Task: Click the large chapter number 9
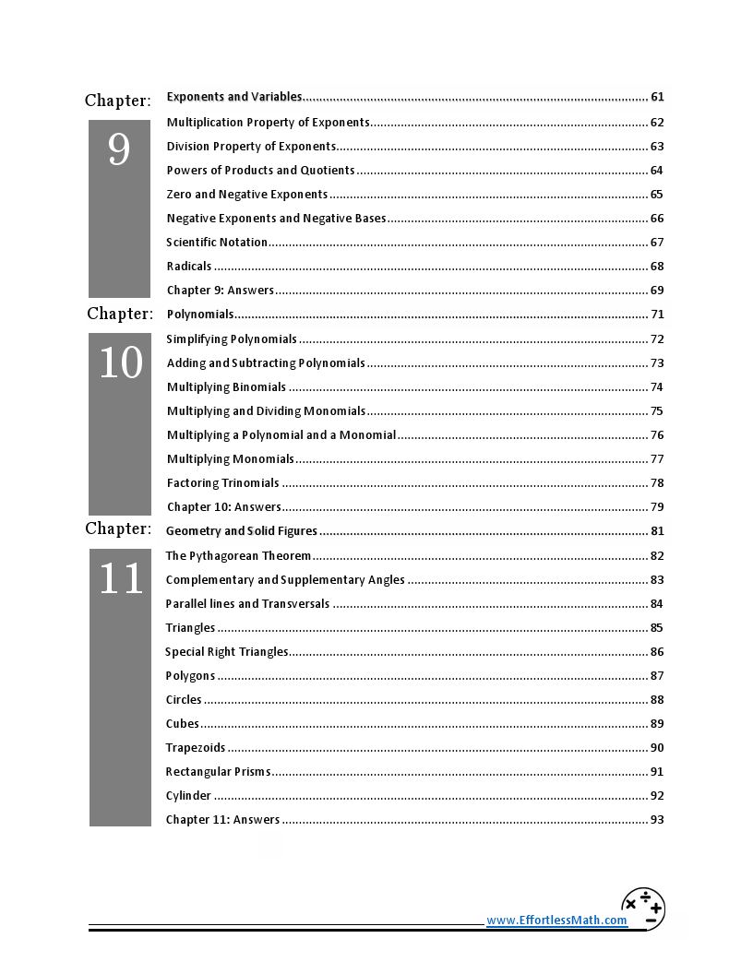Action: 119,149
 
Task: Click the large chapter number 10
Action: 120,363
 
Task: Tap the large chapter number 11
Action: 120,578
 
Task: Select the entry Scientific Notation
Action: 217,243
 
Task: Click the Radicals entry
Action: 189,267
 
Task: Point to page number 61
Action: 657,97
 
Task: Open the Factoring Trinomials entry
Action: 222,483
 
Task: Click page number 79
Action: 657,507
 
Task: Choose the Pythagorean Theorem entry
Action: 238,556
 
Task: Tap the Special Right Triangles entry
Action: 226,652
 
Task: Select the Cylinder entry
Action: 188,796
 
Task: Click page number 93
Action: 657,820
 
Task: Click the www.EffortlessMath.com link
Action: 556,921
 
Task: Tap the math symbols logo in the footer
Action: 643,909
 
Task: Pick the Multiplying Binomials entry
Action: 226,387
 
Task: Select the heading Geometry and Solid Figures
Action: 241,531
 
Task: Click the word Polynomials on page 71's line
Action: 200,315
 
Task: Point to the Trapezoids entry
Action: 196,748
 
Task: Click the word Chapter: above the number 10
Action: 120,315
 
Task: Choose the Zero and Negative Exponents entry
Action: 246,195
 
